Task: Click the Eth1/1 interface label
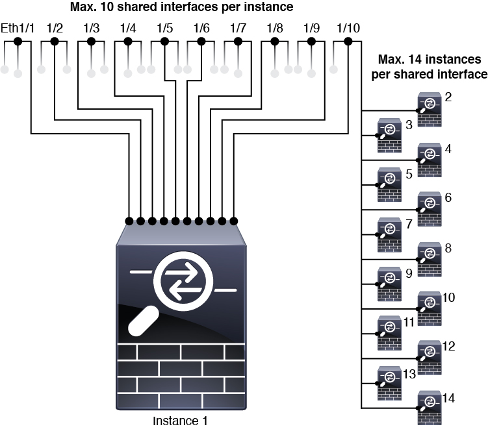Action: point(18,29)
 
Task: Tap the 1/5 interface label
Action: point(164,29)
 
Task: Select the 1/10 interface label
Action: point(348,29)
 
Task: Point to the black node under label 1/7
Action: point(238,41)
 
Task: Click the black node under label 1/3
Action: point(91,41)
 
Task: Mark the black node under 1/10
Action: point(348,41)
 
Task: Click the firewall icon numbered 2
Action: point(430,110)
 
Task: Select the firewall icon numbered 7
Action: point(389,235)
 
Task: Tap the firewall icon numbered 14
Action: point(430,408)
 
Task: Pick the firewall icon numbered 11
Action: point(389,333)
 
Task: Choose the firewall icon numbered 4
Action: point(430,160)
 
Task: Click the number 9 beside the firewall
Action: point(409,273)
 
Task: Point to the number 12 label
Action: point(448,346)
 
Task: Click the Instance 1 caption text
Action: point(180,421)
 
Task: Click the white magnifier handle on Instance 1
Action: point(144,321)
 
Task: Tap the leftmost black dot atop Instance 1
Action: point(129,221)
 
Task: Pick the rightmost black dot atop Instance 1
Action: point(234,221)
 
